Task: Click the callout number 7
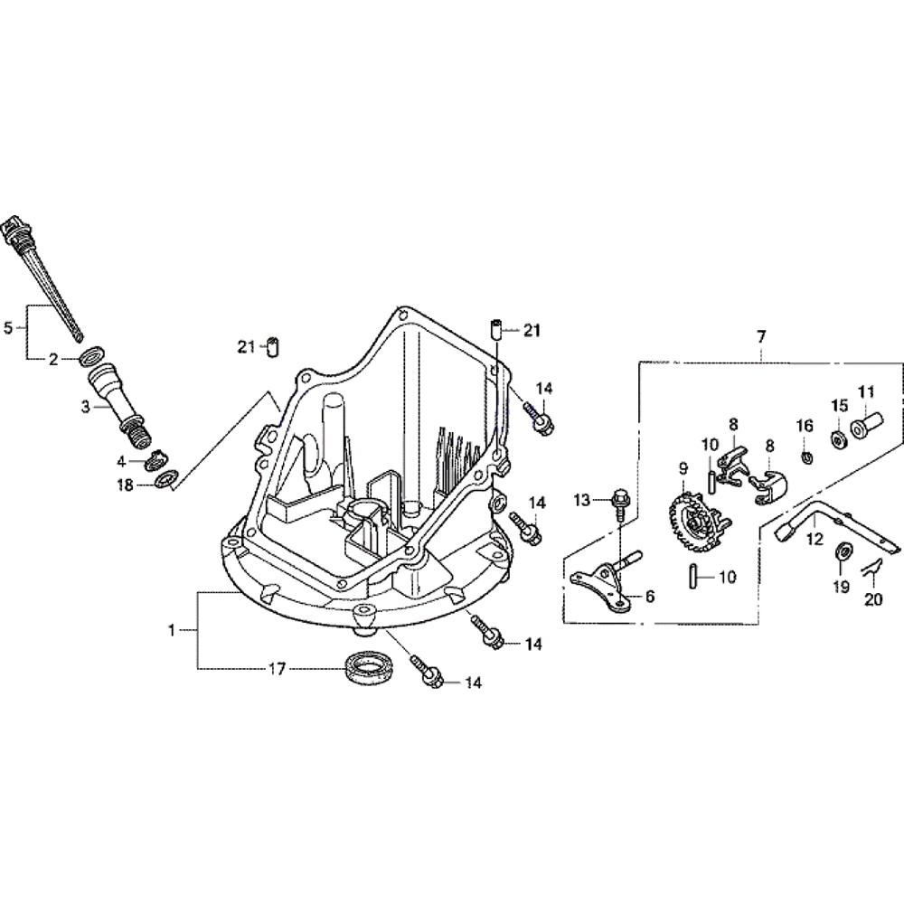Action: tap(761, 336)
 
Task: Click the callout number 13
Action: tap(581, 500)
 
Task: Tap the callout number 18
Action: tap(125, 485)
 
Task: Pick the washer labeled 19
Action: tap(840, 549)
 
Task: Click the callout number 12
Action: tap(815, 539)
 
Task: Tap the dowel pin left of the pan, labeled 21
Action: tap(270, 347)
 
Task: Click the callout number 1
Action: tap(172, 630)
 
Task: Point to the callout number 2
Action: tap(53, 359)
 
